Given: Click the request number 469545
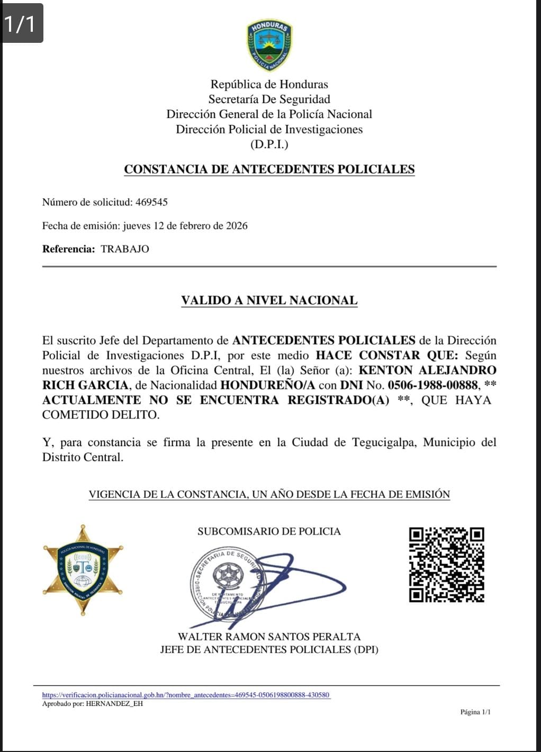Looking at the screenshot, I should pyautogui.click(x=151, y=202).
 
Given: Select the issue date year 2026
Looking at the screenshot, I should pyautogui.click(x=237, y=226).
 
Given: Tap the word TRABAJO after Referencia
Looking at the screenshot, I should pyautogui.click(x=125, y=249).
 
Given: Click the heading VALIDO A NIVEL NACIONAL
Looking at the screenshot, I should pyautogui.click(x=269, y=301).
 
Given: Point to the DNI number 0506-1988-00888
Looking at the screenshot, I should pyautogui.click(x=433, y=385).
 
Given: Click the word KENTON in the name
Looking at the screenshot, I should pyautogui.click(x=385, y=370).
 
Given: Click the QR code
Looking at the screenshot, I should pyautogui.click(x=446, y=565).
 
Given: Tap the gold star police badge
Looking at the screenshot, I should pyautogui.click(x=83, y=570).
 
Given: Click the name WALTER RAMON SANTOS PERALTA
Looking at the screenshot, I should pyautogui.click(x=269, y=637).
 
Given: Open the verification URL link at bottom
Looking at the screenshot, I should pyautogui.click(x=186, y=695).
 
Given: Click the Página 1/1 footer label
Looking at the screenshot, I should pyautogui.click(x=475, y=712).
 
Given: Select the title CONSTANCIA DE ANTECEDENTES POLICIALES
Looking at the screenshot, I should pyautogui.click(x=269, y=169).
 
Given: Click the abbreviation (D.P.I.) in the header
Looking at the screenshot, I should pyautogui.click(x=269, y=144).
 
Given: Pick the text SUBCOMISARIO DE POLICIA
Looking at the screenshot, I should pyautogui.click(x=269, y=531).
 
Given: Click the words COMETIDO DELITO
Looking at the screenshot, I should pyautogui.click(x=101, y=415).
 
